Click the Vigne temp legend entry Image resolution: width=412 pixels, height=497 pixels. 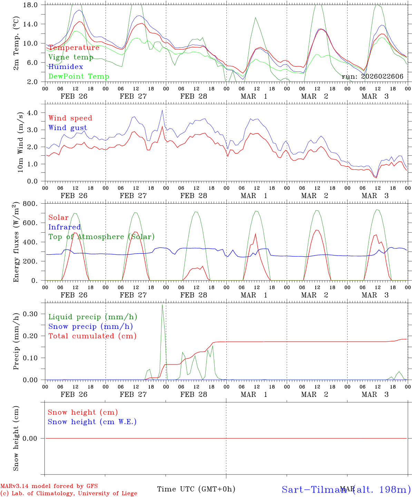click(x=71, y=57)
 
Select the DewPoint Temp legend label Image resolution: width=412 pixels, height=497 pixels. click(x=79, y=76)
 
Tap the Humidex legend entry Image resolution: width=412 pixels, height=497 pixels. click(x=66, y=67)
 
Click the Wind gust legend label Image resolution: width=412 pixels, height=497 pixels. click(x=68, y=128)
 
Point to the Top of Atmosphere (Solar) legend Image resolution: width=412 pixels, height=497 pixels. click(x=101, y=237)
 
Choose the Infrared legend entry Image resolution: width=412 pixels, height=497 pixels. click(x=65, y=227)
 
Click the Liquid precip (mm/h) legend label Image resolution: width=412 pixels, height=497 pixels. click(x=92, y=317)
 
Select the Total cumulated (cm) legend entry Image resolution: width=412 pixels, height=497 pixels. click(x=92, y=336)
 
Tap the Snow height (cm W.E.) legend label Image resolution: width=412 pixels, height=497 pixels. click(x=92, y=422)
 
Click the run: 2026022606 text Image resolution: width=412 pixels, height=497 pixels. click(x=372, y=76)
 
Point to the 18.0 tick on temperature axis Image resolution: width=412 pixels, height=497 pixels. click(x=30, y=5)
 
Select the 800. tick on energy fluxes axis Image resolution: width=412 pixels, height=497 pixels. click(x=30, y=204)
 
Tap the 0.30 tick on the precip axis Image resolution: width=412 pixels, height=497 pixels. click(x=30, y=314)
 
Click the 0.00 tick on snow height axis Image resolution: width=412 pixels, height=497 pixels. click(x=30, y=438)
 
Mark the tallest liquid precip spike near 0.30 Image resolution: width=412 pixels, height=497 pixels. click(x=162, y=305)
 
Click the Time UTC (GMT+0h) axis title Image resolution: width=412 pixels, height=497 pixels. click(x=196, y=489)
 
